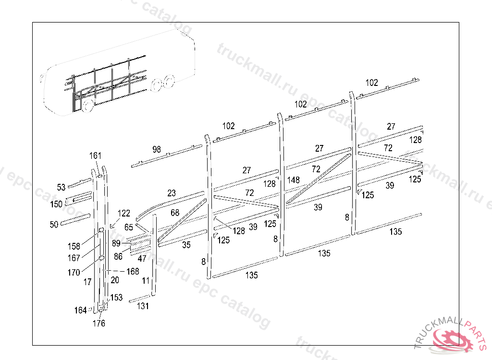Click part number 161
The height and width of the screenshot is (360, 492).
[96, 156]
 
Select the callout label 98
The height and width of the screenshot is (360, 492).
[157, 149]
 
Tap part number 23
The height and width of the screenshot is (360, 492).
[172, 193]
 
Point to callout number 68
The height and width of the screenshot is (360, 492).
[175, 213]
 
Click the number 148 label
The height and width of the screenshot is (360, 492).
[294, 180]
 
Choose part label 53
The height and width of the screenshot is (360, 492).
[61, 187]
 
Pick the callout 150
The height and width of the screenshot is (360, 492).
[56, 204]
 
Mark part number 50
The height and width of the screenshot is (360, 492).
[54, 224]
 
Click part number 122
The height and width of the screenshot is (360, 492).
[124, 213]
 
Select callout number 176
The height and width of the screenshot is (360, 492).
[98, 324]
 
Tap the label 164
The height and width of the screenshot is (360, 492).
[80, 310]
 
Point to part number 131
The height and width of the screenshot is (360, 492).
[143, 306]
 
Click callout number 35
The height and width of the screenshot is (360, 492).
[186, 245]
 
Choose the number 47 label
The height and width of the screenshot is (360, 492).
[142, 258]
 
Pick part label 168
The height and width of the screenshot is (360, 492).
[133, 272]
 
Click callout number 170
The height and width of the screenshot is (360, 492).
[74, 273]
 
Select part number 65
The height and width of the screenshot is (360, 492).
[128, 227]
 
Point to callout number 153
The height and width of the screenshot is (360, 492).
[116, 298]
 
